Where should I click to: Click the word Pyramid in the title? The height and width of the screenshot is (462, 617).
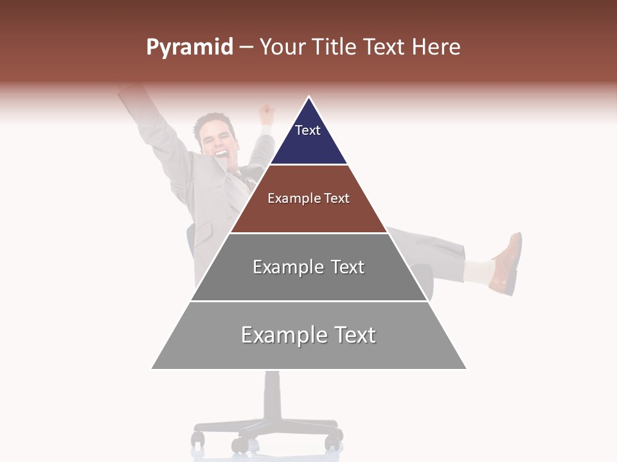pyautogui.click(x=190, y=47)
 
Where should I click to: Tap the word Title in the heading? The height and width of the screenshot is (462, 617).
pyautogui.click(x=334, y=47)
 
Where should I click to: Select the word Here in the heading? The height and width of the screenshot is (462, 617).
pyautogui.click(x=436, y=47)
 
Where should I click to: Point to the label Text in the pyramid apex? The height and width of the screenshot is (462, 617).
pyautogui.click(x=308, y=130)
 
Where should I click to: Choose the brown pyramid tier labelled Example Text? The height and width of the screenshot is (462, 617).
pyautogui.click(x=308, y=198)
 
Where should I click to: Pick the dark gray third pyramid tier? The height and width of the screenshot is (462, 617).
pyautogui.click(x=308, y=267)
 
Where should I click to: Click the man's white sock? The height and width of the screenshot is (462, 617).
pyautogui.click(x=476, y=271)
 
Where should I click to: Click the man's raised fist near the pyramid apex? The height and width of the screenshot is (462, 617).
pyautogui.click(x=265, y=115)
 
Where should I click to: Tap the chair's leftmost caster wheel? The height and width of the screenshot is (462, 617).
pyautogui.click(x=198, y=439)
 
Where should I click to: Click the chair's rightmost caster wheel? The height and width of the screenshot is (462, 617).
pyautogui.click(x=333, y=441)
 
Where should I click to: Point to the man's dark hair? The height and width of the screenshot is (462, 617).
pyautogui.click(x=213, y=121)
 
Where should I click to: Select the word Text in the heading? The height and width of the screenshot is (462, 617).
pyautogui.click(x=385, y=47)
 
